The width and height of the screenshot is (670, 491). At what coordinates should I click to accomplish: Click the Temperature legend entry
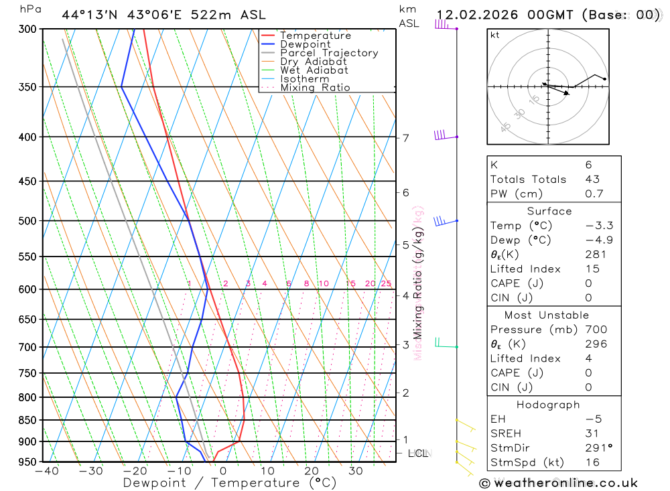[315, 36]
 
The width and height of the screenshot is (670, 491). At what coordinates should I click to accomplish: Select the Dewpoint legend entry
[305, 45]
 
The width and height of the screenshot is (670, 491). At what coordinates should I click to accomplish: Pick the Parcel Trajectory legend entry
[329, 53]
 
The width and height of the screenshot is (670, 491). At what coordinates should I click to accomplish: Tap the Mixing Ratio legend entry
[315, 88]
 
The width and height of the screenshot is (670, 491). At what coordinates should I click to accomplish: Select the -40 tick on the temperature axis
[47, 472]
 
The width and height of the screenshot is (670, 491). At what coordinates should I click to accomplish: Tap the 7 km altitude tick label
[406, 139]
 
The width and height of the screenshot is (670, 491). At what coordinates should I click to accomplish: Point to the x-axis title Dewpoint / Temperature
[230, 483]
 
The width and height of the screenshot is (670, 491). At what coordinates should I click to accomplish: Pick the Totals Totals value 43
[592, 180]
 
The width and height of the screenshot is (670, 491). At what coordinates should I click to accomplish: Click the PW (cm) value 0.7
[594, 194]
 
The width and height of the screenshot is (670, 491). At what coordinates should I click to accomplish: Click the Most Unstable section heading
[547, 315]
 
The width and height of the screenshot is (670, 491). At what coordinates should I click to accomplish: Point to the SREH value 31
[592, 433]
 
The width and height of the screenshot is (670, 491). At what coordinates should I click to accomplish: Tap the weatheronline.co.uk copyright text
[558, 483]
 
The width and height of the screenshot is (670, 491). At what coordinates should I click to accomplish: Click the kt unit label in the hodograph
[495, 36]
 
